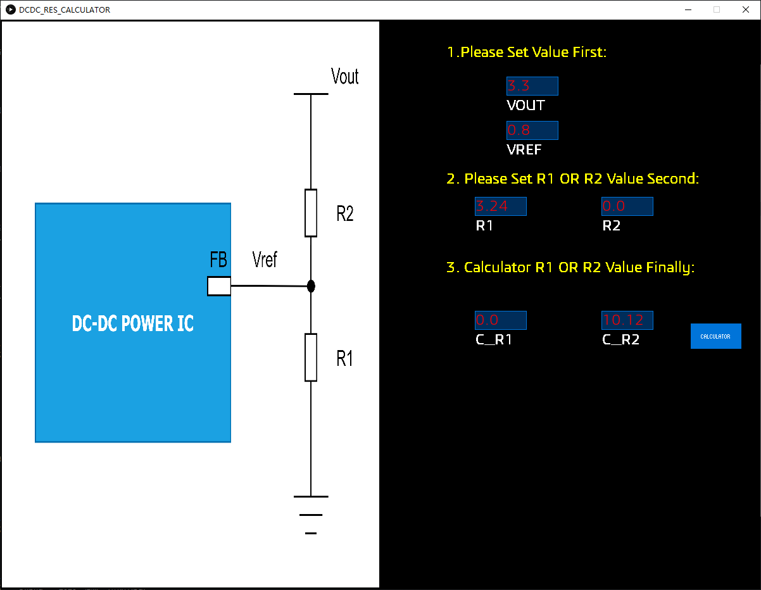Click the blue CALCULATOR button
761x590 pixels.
715,336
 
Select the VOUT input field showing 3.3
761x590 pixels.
532,86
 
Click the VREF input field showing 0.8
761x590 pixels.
532,130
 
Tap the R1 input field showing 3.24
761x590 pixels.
500,206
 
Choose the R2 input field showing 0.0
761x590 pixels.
627,206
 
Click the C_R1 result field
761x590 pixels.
500,320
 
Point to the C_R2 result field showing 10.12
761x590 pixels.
627,320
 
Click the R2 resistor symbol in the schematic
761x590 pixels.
311,213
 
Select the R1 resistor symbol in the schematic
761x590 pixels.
311,357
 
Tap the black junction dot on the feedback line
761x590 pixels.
311,286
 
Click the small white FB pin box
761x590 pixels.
219,286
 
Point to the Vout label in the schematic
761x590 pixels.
345,77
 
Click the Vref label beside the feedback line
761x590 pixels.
265,259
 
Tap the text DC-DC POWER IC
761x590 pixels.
133,323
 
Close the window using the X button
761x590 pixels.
745,9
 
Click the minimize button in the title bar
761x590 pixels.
688,9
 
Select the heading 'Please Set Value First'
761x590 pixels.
527,52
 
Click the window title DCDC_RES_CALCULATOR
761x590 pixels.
65,9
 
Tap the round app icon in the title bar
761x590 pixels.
11,9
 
